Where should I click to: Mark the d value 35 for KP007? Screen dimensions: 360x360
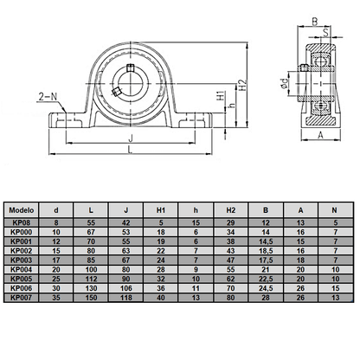coord(57,297)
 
